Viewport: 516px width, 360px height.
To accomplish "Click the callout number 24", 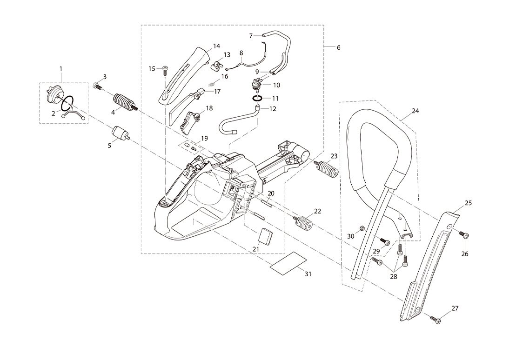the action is pyautogui.click(x=415, y=111).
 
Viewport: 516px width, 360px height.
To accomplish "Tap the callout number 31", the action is pyautogui.click(x=308, y=274).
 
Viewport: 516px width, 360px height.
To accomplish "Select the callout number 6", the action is pyautogui.click(x=338, y=47).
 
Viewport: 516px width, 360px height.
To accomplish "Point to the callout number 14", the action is pyautogui.click(x=216, y=46).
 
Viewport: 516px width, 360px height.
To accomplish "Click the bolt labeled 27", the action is pyautogui.click(x=436, y=319).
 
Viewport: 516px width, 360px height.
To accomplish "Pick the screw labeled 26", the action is pyautogui.click(x=464, y=235).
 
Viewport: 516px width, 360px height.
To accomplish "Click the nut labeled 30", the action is pyautogui.click(x=362, y=228).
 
